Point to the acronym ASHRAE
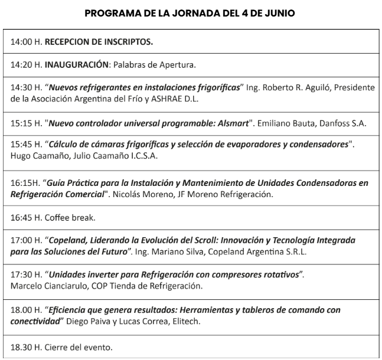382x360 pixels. click(x=158, y=98)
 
